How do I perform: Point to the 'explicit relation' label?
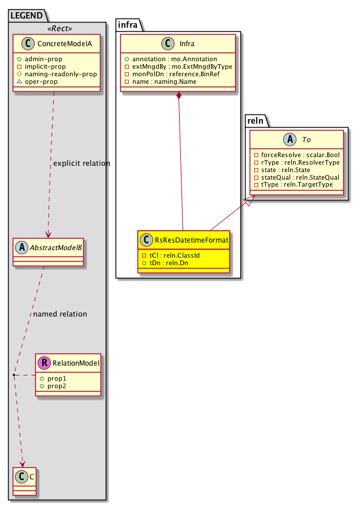click(81, 163)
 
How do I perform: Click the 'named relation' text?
click(60, 314)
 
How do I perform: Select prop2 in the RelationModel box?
click(57, 385)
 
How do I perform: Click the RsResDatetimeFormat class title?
click(190, 240)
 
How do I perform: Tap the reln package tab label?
click(256, 120)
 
